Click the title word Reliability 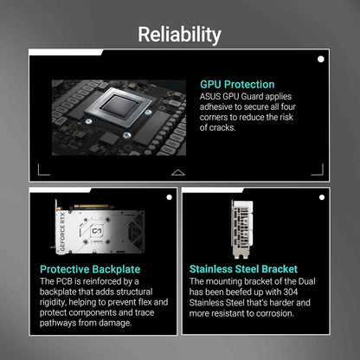pyautogui.click(x=180, y=34)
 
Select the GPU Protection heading pyautogui.click(x=237, y=85)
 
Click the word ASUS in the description pyautogui.click(x=213, y=97)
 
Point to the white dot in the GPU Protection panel pyautogui.click(x=321, y=60)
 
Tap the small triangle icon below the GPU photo pyautogui.click(x=177, y=172)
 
